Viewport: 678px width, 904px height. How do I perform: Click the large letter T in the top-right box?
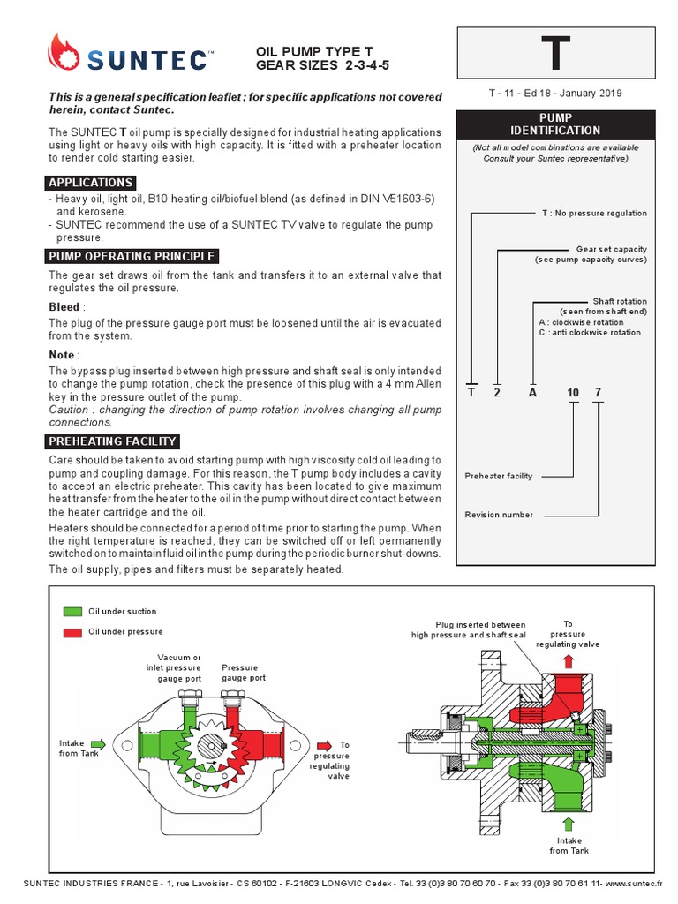click(x=555, y=54)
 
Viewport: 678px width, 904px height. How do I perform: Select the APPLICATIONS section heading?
click(x=90, y=183)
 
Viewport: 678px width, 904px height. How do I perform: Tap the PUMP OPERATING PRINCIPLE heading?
click(x=132, y=256)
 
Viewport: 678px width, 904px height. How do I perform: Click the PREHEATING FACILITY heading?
click(x=113, y=441)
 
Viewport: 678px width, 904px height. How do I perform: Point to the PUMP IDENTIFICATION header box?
click(x=555, y=124)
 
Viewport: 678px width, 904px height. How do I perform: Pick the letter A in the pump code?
click(x=532, y=393)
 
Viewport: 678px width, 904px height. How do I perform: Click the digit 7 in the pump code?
click(x=598, y=393)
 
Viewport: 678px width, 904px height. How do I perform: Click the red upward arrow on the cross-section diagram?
click(x=568, y=660)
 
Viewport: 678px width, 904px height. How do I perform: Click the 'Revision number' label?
click(x=500, y=515)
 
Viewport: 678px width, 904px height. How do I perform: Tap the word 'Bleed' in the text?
click(x=64, y=308)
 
